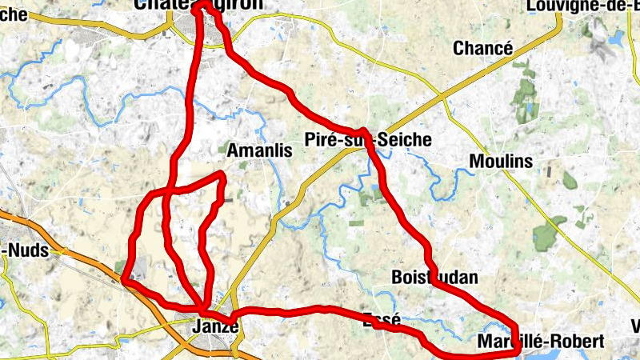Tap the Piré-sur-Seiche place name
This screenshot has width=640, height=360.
[368, 141]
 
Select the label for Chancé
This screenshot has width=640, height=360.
[482, 48]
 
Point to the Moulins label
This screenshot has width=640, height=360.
[501, 162]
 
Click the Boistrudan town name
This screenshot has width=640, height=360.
[435, 278]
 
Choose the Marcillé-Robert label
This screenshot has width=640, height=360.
[540, 342]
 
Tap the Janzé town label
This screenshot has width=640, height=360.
[216, 326]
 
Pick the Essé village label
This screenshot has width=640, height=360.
[381, 319]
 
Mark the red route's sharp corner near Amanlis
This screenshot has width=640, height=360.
[222, 174]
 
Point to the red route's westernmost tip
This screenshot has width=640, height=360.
[126, 280]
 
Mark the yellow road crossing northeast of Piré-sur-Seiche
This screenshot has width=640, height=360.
[442, 98]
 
